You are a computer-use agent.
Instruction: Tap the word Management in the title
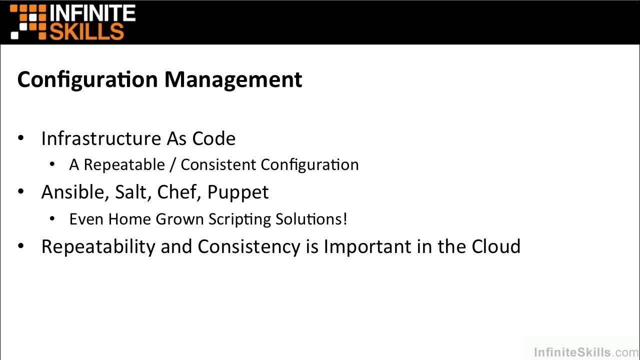point(233,80)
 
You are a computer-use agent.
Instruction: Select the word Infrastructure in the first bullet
point(100,138)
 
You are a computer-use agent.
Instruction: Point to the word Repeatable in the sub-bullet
point(124,165)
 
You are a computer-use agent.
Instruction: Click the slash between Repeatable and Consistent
point(172,165)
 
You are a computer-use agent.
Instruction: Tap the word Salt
point(131,192)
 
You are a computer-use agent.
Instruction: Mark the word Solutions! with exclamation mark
point(313,219)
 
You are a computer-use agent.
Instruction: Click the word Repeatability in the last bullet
point(98,247)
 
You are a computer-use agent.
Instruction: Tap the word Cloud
point(496,246)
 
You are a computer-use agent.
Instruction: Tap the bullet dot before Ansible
point(21,191)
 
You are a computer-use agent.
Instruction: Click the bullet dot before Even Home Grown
point(53,218)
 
